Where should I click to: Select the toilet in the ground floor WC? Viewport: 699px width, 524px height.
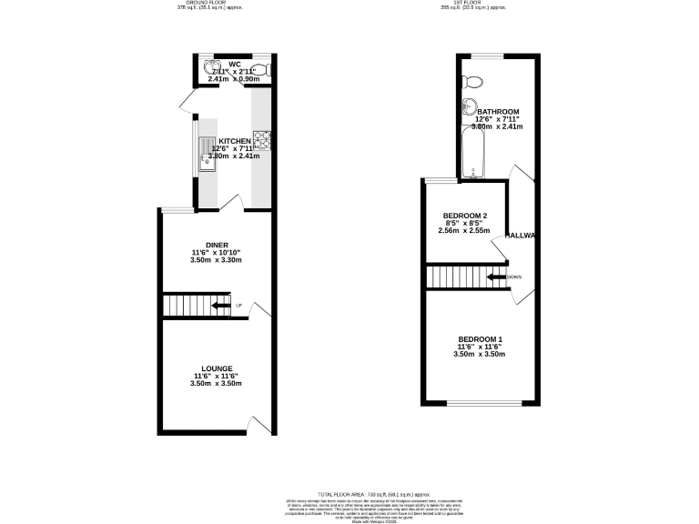(x=259, y=70)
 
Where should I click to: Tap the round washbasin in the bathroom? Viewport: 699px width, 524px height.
(x=471, y=105)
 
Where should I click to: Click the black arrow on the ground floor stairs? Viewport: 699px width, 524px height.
(x=220, y=306)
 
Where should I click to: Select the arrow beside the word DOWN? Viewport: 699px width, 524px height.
(x=496, y=277)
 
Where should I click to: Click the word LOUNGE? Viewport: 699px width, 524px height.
(x=217, y=368)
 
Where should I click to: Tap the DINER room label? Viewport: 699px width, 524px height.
(x=217, y=245)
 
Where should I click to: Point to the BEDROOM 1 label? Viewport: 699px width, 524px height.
(x=481, y=338)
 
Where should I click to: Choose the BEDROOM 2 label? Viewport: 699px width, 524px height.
(x=463, y=216)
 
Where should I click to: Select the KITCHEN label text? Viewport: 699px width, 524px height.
(x=235, y=141)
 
